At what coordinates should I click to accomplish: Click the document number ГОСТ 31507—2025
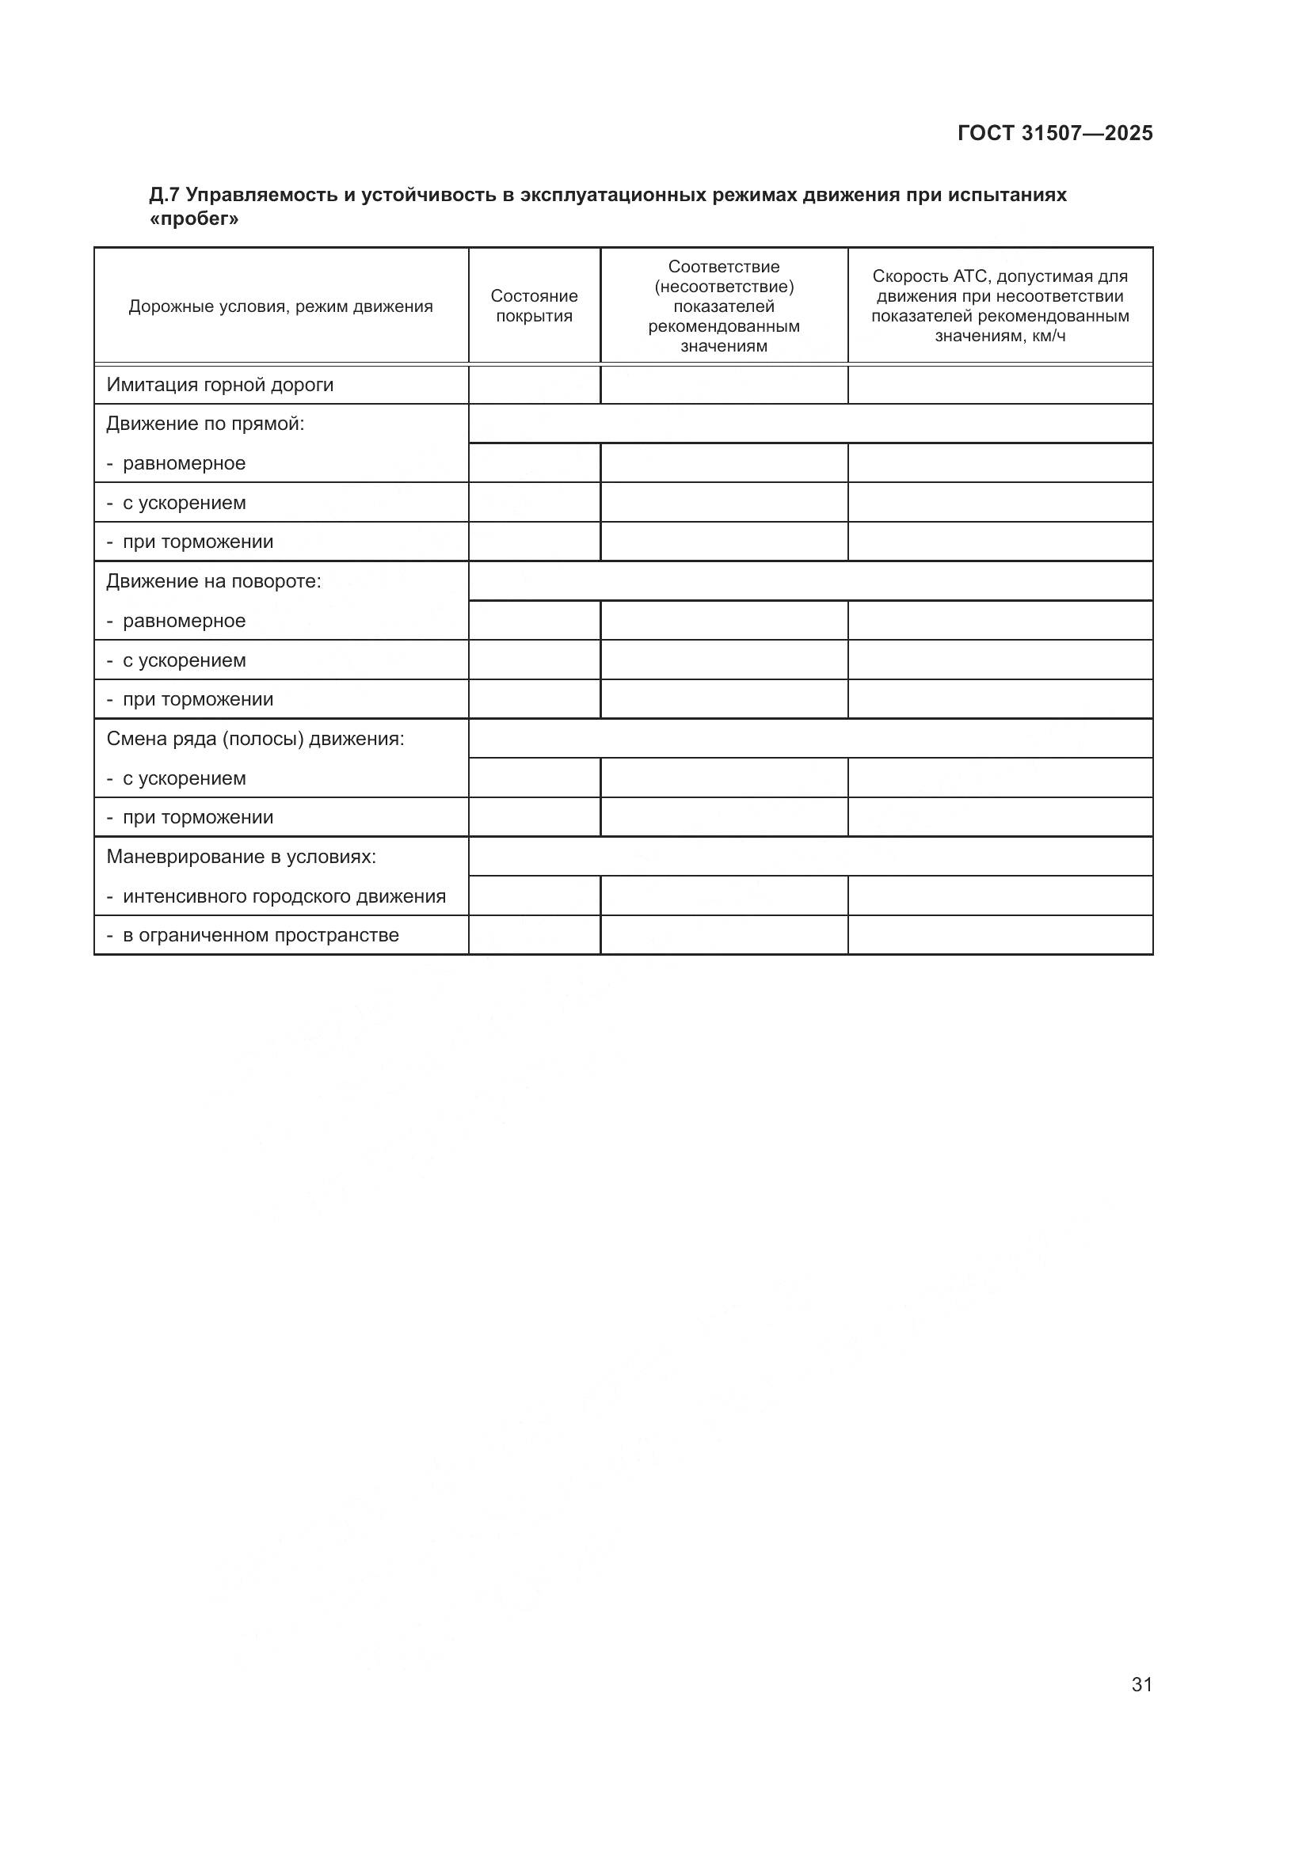coord(1055,133)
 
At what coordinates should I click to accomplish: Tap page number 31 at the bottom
coord(1141,1684)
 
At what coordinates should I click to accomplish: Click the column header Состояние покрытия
coord(534,306)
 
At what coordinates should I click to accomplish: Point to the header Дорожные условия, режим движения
coord(280,306)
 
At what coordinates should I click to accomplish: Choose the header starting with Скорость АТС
coord(1000,306)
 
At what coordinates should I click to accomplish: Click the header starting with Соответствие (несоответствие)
coord(724,306)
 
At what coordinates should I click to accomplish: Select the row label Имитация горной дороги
coord(220,385)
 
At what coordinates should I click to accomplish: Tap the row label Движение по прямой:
coord(206,424)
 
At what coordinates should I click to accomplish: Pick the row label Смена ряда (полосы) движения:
coord(255,739)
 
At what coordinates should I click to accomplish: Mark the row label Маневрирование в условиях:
coord(242,857)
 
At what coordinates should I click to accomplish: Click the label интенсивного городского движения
coord(284,896)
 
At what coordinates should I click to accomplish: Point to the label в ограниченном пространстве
coord(261,936)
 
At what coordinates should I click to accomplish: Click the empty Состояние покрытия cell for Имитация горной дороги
coord(534,385)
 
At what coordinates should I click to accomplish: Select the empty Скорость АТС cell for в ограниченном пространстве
coord(1000,936)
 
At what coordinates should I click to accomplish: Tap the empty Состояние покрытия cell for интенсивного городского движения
coord(534,896)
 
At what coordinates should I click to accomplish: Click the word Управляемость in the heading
coord(261,196)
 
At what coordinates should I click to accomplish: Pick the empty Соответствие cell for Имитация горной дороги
coord(724,385)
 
